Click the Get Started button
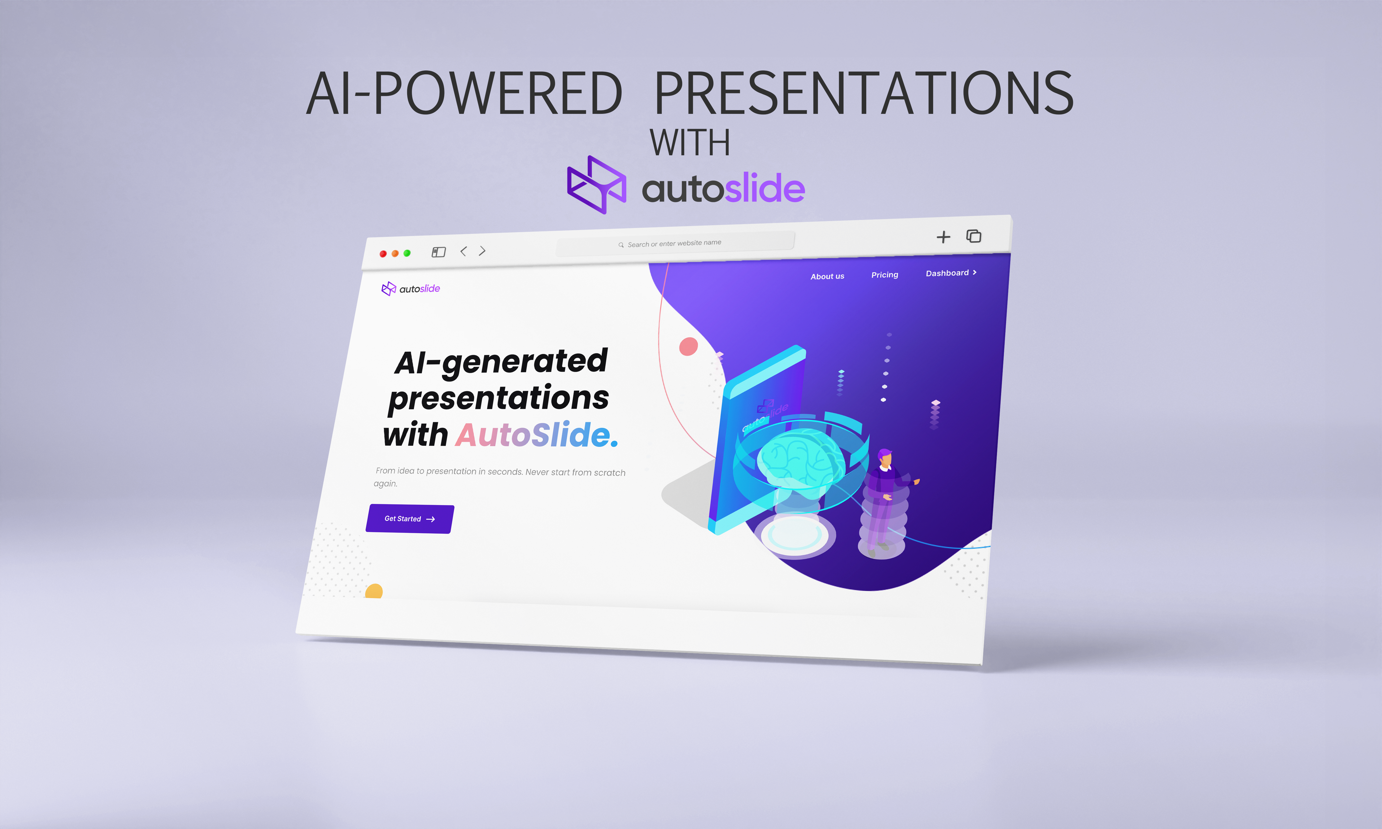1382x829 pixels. click(409, 519)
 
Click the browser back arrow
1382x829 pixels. click(463, 251)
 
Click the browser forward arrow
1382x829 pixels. click(482, 251)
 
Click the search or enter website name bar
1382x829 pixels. click(675, 243)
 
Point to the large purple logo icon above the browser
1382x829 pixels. click(596, 185)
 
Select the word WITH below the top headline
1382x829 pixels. click(690, 143)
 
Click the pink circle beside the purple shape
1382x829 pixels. click(688, 346)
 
